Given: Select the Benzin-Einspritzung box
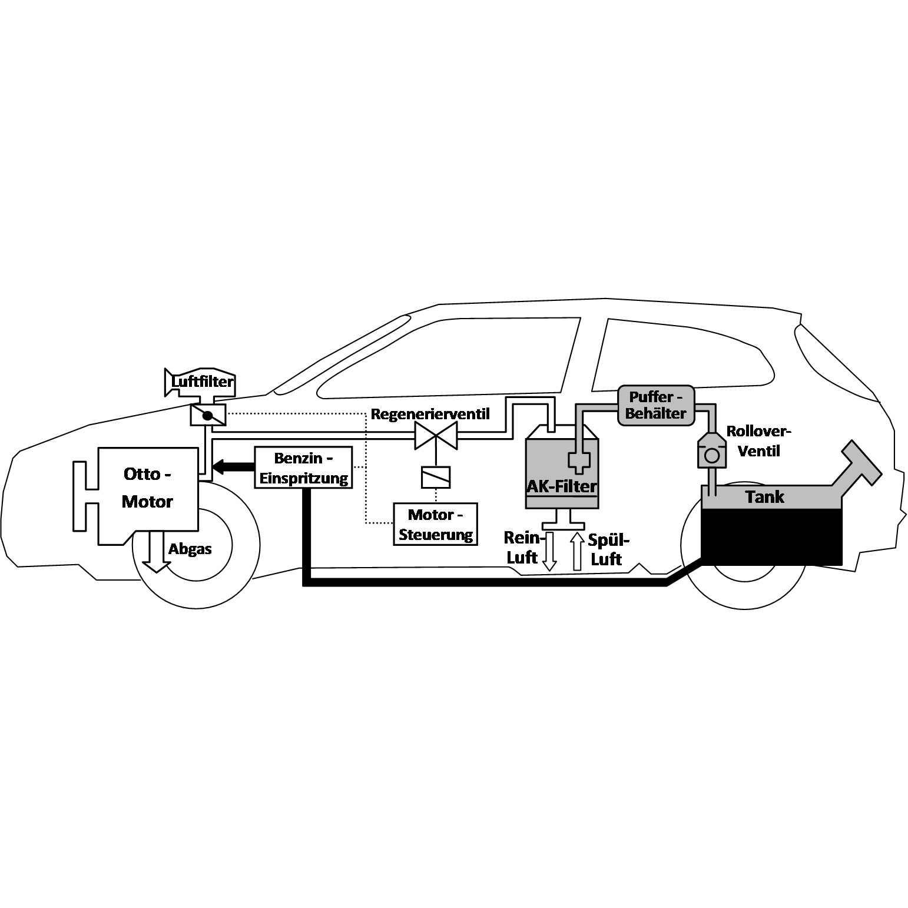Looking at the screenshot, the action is click(304, 468).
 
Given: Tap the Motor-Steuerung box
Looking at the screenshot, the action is click(436, 524).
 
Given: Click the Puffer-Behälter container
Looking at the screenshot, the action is click(656, 406).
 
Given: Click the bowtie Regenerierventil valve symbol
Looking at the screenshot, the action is click(436, 436).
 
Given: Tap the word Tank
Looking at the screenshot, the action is click(764, 496).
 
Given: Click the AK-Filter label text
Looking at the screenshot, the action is click(562, 486).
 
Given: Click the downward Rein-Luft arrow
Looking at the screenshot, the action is click(549, 551).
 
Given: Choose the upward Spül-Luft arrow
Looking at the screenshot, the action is click(576, 551).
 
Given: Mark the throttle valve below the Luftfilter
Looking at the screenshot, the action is click(207, 416).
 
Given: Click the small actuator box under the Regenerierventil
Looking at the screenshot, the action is click(436, 477).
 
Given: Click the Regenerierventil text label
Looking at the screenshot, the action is click(430, 413).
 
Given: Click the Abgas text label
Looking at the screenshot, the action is click(190, 549).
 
